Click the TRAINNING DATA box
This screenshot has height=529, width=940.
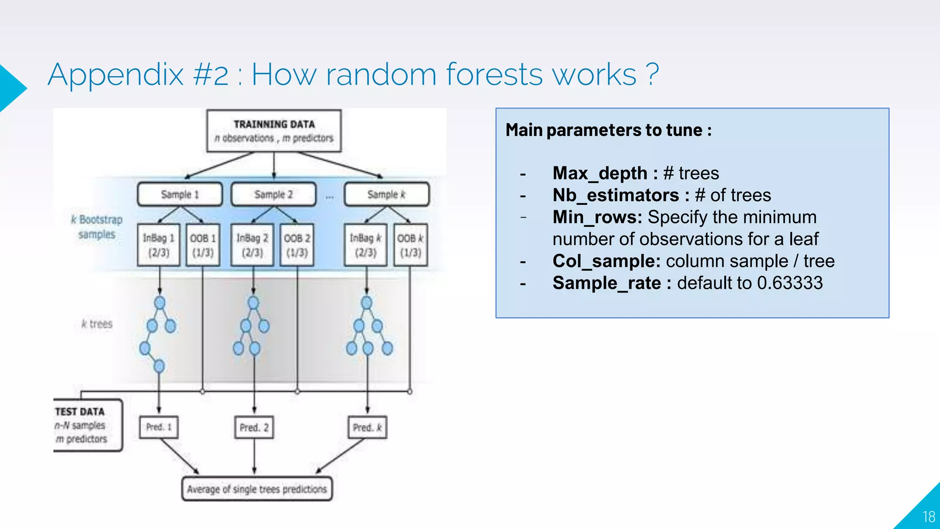(274, 131)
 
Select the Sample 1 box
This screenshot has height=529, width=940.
(180, 194)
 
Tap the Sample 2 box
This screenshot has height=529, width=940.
(274, 194)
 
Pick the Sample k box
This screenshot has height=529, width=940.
(386, 194)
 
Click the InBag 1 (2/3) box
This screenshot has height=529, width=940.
(158, 245)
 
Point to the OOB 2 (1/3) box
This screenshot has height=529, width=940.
(297, 245)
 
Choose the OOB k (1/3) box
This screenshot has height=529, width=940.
(410, 245)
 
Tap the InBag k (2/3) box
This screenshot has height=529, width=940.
(366, 245)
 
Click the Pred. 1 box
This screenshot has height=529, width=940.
(159, 427)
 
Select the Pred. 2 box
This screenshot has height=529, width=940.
(254, 428)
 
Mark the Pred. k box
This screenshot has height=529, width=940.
(367, 428)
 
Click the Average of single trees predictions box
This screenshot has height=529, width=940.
(257, 489)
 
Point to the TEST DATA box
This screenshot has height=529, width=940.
(87, 425)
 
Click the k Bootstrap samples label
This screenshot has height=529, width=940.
(97, 227)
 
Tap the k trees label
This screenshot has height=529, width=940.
(97, 324)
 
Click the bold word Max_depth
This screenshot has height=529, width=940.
(599, 173)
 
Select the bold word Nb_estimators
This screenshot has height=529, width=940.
(615, 195)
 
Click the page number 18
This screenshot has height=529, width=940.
(929, 517)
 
